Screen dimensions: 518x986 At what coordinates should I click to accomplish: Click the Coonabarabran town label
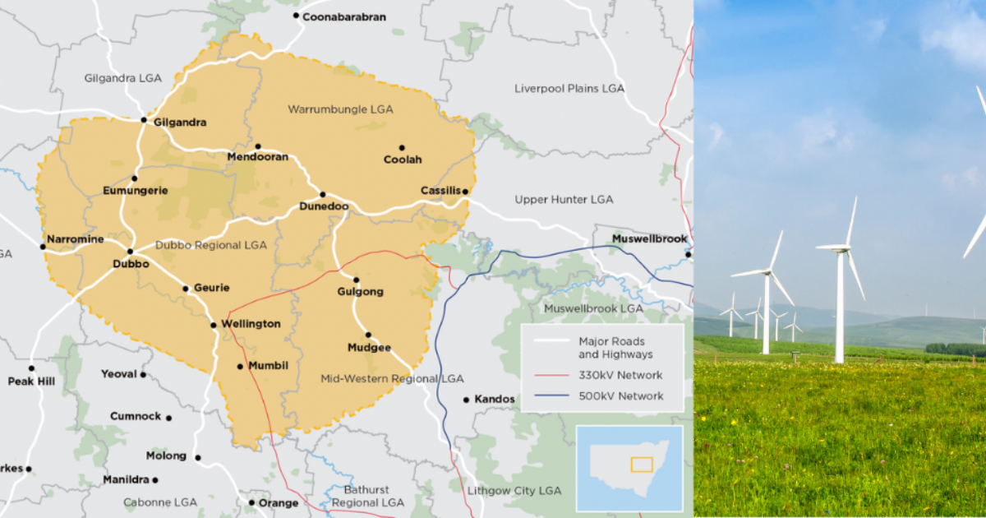pos(343,16)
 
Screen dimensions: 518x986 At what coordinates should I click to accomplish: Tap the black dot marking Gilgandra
pos(144,120)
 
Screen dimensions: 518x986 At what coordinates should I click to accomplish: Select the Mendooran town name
pos(257,157)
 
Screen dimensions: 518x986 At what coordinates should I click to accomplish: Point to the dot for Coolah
pos(402,148)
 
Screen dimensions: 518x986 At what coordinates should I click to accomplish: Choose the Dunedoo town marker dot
pos(323,195)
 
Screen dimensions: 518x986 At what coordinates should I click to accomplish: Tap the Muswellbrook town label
pos(649,239)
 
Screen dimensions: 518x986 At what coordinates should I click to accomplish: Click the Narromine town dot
pos(43,246)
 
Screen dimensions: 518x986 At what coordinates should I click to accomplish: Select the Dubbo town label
pos(131,265)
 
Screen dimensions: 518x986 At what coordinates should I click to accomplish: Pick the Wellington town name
pos(251,324)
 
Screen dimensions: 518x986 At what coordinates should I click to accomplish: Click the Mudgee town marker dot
pos(368,335)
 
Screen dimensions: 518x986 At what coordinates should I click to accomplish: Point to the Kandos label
pos(495,400)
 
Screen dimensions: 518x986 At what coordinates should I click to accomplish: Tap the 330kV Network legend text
pos(620,376)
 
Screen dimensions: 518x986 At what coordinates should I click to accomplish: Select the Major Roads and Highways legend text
pos(615,348)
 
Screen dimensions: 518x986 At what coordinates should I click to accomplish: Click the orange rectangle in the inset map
pos(641,465)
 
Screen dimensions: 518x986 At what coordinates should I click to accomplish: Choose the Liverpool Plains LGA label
pos(570,88)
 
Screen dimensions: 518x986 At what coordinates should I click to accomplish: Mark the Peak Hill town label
pos(30,382)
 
